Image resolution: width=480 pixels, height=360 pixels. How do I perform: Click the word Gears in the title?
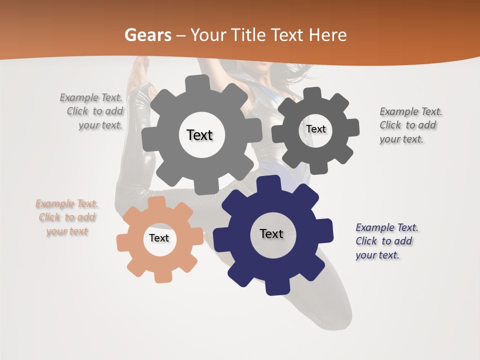click(x=147, y=35)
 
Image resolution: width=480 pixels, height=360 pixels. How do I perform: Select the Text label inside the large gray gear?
click(x=199, y=135)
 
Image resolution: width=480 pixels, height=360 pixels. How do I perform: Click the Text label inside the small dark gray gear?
click(x=315, y=129)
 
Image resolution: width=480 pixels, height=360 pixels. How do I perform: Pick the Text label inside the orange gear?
click(x=159, y=238)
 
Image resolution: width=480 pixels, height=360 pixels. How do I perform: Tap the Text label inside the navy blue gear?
click(x=271, y=233)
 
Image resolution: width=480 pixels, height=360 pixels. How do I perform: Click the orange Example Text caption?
click(x=67, y=217)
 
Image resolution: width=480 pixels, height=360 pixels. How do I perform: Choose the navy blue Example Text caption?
click(x=386, y=241)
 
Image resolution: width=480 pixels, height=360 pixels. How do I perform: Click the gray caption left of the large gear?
click(x=92, y=111)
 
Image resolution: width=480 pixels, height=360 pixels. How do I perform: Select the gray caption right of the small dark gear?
click(x=410, y=125)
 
